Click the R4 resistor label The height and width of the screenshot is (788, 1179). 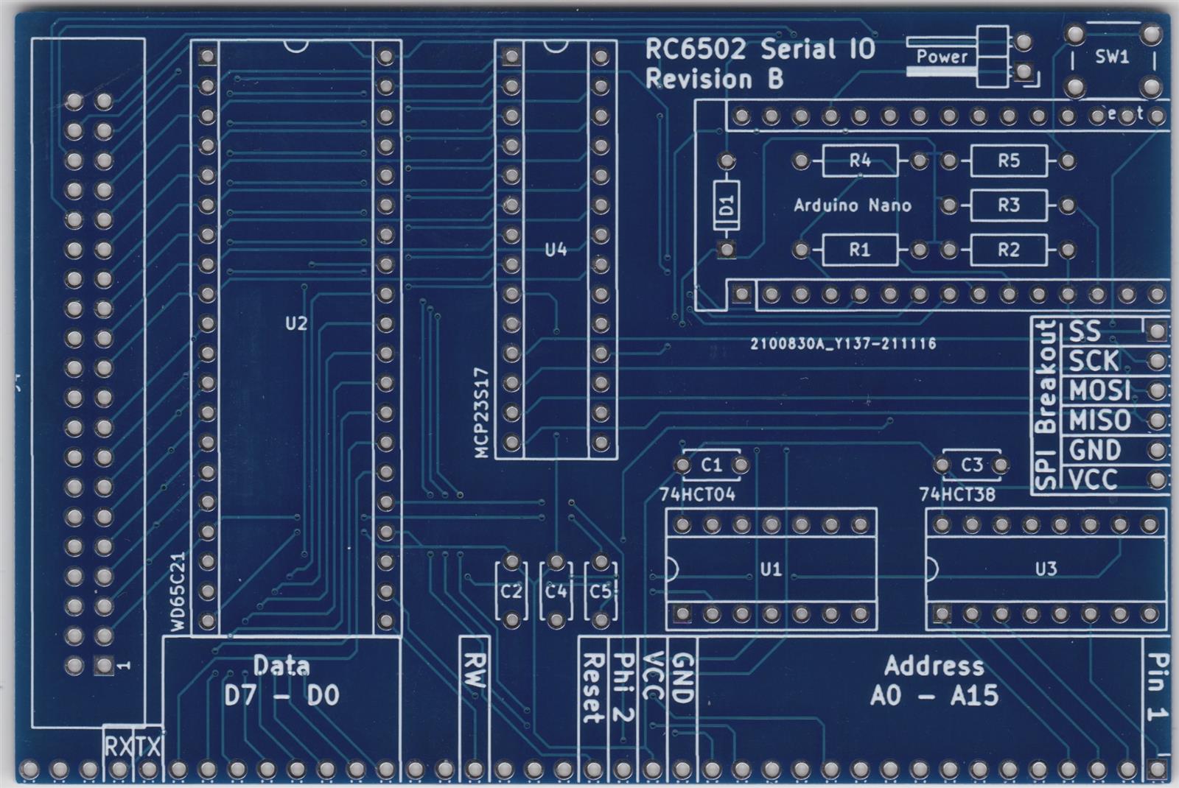(860, 161)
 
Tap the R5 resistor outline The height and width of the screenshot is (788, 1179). (1009, 161)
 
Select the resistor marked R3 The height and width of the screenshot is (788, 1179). (1009, 205)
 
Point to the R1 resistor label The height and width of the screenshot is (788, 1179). (860, 250)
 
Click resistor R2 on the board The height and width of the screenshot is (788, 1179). (1009, 250)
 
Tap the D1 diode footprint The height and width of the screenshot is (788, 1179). (727, 205)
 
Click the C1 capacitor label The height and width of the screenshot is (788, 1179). (712, 465)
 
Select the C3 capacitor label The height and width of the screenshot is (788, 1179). (972, 465)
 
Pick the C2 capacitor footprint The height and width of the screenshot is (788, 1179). (511, 591)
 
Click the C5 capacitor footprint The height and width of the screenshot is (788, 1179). (601, 591)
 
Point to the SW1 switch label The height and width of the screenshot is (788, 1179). (1112, 57)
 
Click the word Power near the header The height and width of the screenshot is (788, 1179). (942, 56)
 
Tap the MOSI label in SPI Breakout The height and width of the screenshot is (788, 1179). (1099, 390)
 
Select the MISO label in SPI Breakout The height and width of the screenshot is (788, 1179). (1099, 421)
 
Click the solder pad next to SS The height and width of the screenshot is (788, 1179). (1157, 331)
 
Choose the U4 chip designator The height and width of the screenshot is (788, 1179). (556, 250)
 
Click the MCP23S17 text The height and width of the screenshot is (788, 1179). (482, 412)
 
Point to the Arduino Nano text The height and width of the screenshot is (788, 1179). (853, 205)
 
